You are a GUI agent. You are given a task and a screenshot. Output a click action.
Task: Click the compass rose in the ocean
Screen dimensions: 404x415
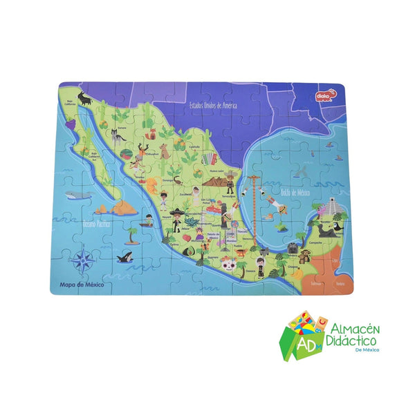click(84, 260)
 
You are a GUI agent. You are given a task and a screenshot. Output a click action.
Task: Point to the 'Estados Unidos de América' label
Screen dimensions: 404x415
click(214, 104)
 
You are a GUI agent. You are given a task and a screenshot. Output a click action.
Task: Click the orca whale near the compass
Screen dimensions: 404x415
click(125, 257)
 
